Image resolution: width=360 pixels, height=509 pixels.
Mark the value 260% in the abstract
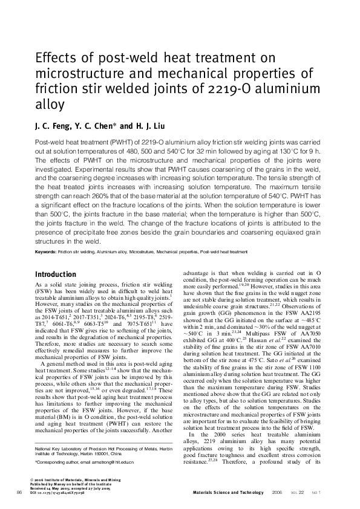[100, 196]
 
